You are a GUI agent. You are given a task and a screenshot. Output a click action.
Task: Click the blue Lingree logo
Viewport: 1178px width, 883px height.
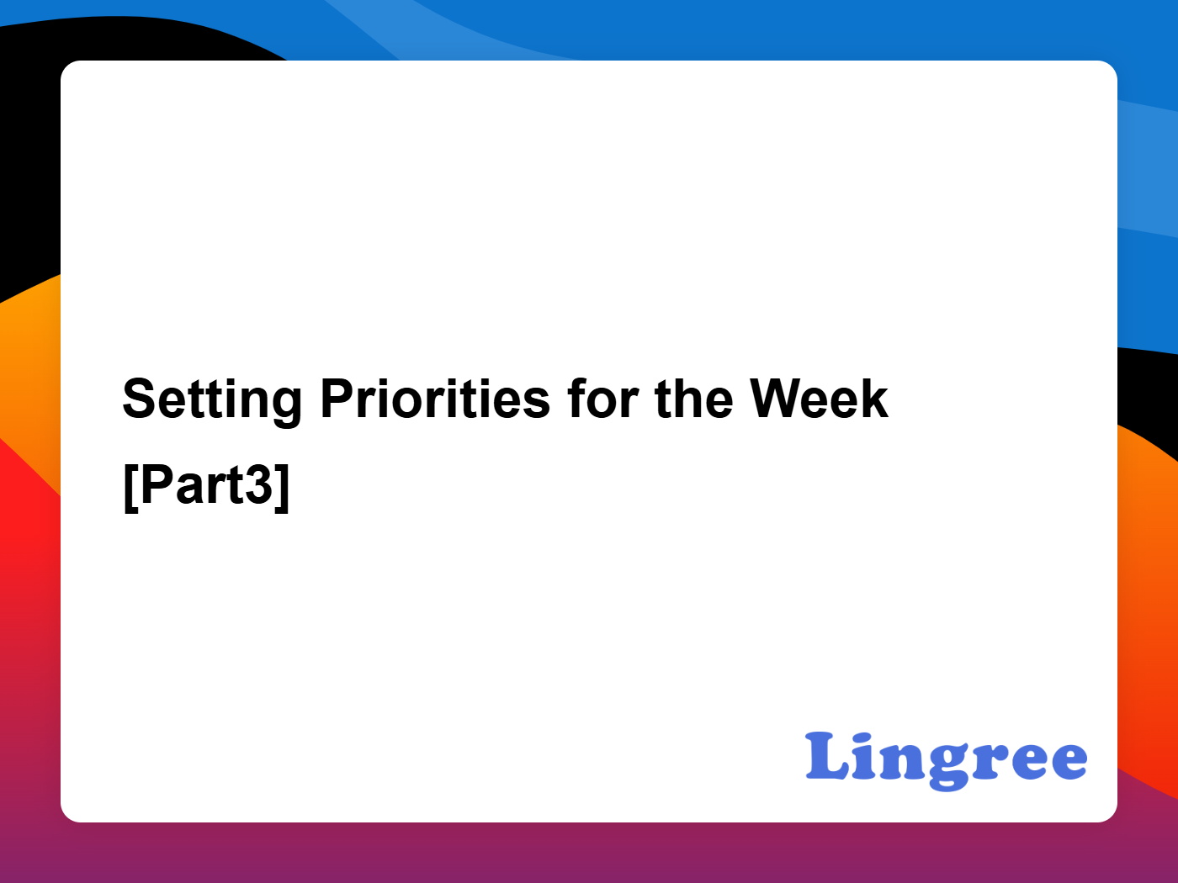(x=946, y=761)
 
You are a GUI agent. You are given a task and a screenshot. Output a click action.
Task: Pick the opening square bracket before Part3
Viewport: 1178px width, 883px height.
(x=131, y=488)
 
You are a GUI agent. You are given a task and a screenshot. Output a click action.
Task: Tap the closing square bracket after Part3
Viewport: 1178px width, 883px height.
(x=282, y=488)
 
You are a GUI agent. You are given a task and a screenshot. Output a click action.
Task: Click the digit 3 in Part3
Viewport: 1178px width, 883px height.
(x=258, y=484)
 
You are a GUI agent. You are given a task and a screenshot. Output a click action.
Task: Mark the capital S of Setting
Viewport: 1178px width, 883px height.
(x=140, y=398)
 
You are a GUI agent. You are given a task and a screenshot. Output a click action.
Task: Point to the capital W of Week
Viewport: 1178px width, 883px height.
(x=777, y=398)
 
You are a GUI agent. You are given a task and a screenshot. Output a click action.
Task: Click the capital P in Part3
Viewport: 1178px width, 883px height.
(x=158, y=484)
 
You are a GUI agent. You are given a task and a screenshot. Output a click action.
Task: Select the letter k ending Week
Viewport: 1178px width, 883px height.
(x=873, y=398)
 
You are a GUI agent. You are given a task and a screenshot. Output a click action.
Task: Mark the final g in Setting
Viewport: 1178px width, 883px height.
(x=286, y=409)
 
